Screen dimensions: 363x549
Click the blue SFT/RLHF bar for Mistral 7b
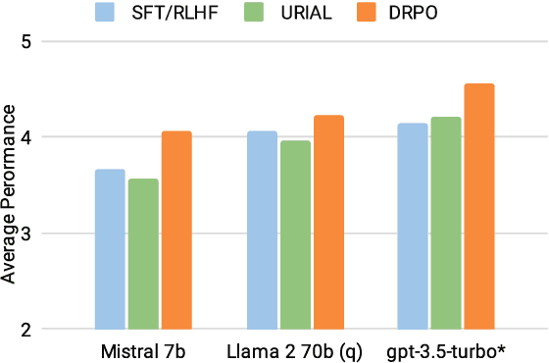pos(110,249)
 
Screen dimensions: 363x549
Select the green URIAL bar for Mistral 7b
pos(143,254)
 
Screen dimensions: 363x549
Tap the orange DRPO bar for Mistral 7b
pos(176,230)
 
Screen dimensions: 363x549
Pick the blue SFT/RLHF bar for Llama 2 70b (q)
pos(262,230)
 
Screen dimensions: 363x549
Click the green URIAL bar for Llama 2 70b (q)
pos(295,234)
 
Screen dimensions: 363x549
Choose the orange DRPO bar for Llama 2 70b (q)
pos(328,222)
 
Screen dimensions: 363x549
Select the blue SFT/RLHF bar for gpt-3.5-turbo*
pos(413,226)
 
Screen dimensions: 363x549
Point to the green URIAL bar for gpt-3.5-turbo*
pos(446,223)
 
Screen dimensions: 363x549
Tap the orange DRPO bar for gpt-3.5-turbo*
pos(479,206)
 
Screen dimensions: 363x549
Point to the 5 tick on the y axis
pos(26,42)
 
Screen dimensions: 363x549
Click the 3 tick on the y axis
pos(26,233)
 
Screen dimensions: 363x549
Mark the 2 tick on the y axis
pos(26,330)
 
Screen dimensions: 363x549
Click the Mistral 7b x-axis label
pos(143,351)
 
